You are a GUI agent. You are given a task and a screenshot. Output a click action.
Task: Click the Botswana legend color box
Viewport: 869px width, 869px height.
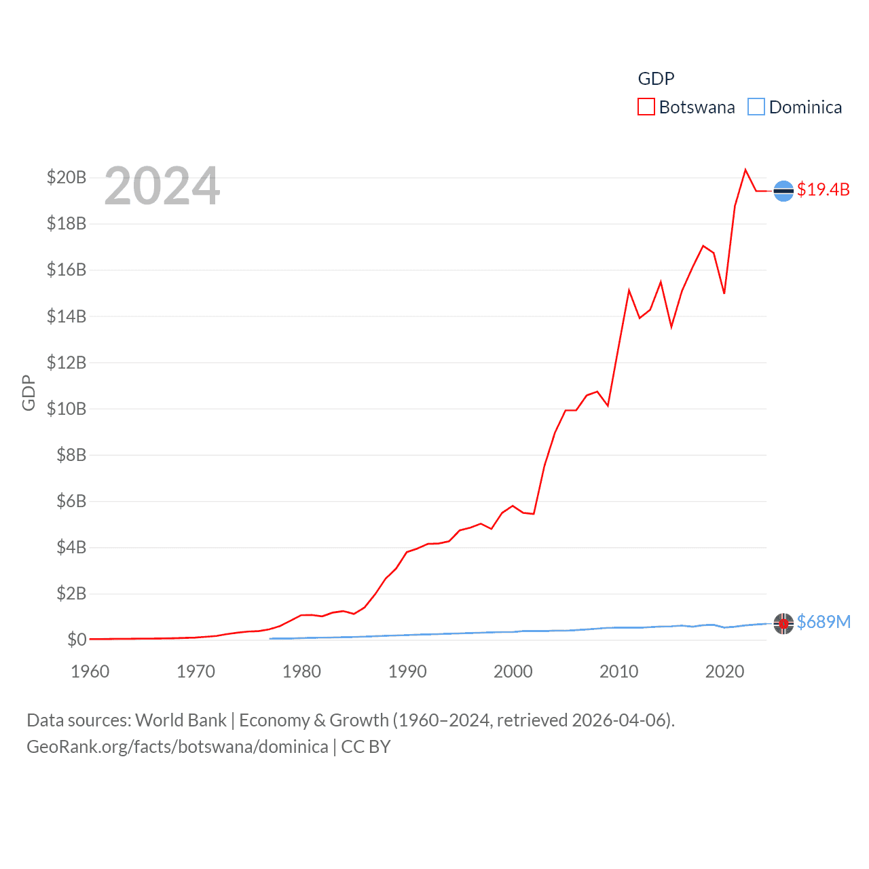(x=646, y=107)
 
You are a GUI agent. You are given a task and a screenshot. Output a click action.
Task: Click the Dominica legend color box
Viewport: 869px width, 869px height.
(x=756, y=107)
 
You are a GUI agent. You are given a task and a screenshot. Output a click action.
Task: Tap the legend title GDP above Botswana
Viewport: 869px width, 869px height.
(x=656, y=79)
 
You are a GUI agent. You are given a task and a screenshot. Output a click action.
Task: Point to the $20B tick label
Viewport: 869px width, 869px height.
(x=67, y=178)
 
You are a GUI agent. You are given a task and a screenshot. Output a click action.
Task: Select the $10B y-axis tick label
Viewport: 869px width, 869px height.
(x=67, y=409)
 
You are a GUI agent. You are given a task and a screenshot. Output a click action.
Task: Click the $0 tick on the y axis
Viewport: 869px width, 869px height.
(x=77, y=640)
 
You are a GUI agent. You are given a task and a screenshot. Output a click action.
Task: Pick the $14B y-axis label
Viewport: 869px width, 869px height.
(x=67, y=316)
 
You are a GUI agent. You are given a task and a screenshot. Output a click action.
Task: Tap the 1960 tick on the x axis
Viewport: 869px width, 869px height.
(x=90, y=671)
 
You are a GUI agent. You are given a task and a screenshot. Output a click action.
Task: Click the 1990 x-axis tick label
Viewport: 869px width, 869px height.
(x=407, y=671)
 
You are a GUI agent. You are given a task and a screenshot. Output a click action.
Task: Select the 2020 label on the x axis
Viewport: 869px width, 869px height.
(x=724, y=671)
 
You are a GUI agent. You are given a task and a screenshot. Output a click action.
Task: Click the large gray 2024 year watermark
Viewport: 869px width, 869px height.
(x=162, y=185)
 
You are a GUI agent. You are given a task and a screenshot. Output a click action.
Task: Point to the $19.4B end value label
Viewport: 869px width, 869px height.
(x=824, y=189)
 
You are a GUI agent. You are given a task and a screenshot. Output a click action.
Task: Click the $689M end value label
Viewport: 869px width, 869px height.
(x=824, y=622)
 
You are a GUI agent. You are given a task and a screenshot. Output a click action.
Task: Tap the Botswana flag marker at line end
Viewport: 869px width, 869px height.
(x=783, y=191)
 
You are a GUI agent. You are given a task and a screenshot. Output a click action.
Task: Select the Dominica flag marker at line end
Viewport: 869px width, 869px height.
(x=783, y=623)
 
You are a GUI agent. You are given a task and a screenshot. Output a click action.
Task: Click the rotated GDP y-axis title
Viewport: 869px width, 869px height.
(x=29, y=392)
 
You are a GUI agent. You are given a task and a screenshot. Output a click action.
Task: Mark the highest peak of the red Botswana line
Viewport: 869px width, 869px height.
(x=745, y=170)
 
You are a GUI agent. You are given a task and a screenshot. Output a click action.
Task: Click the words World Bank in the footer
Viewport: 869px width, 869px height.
(x=181, y=720)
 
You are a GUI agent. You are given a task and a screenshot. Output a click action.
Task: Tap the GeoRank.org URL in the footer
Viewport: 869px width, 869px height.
(x=177, y=747)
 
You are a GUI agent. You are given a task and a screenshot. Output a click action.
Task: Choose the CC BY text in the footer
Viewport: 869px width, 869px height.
(x=366, y=747)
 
